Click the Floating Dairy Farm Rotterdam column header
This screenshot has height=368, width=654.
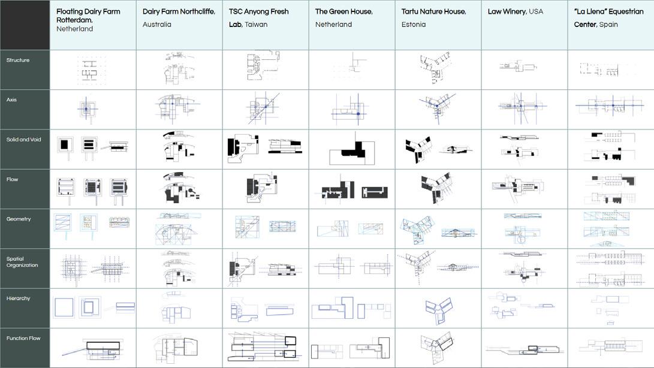coord(88,20)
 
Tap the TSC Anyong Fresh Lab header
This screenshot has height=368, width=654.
coord(258,18)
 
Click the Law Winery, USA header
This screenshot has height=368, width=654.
coord(516,11)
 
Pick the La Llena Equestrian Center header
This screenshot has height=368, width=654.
coord(608,18)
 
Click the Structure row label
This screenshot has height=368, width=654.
coord(18,60)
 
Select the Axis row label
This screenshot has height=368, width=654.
coord(13,99)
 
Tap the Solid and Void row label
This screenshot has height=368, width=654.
coord(24,140)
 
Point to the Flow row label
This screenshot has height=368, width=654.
coord(13,179)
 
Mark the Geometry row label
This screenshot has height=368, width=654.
coord(19,219)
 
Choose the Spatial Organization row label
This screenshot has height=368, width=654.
coord(22,262)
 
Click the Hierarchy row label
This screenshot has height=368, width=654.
coord(19,298)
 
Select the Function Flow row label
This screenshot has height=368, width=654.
coord(23,338)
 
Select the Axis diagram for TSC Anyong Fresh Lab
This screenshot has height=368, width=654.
coord(264,109)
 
